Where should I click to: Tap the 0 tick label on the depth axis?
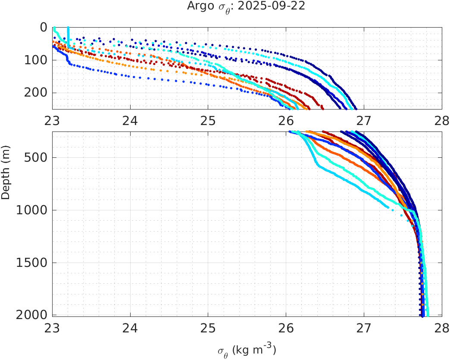[44, 27]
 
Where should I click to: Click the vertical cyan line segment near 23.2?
[68, 37]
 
